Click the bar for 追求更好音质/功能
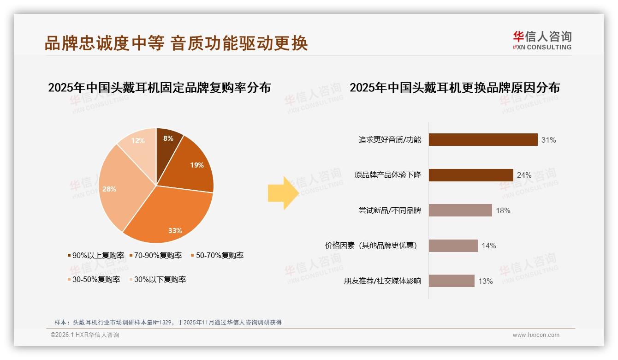coord(483,140)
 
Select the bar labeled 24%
coord(470,175)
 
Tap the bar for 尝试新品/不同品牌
coord(460,210)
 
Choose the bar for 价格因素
coord(453,246)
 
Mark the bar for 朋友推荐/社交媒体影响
coord(451,281)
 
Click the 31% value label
coord(548,140)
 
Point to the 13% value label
coord(485,282)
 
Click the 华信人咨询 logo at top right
coord(542,40)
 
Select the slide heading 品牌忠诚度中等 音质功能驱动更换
coord(176,43)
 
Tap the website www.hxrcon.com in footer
coord(536,335)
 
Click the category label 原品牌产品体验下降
coord(387,175)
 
